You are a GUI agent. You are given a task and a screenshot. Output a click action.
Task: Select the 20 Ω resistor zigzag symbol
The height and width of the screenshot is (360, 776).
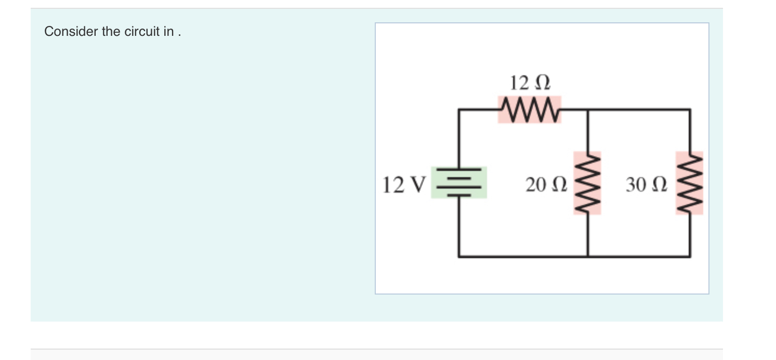click(587, 183)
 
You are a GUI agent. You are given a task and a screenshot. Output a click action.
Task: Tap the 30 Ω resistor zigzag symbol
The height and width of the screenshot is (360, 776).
click(690, 183)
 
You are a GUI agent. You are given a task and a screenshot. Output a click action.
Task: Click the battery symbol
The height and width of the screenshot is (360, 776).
click(458, 182)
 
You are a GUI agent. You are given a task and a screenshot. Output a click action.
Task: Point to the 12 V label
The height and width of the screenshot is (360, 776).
click(404, 184)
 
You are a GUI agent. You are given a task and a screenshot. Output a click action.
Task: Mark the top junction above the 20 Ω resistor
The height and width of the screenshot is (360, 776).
click(587, 110)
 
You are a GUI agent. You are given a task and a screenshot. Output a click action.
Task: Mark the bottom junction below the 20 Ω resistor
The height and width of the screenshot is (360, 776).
click(587, 256)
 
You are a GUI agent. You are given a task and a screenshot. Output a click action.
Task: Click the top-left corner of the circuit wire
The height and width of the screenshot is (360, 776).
click(458, 110)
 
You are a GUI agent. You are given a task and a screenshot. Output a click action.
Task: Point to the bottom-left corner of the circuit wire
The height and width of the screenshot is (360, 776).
click(458, 256)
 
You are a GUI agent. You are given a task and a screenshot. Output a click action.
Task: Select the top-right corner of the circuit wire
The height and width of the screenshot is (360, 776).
click(690, 110)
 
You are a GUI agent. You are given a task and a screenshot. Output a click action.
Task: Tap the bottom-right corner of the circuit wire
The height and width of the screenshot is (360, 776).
click(690, 256)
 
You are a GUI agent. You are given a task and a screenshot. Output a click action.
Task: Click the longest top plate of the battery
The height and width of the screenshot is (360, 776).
click(458, 170)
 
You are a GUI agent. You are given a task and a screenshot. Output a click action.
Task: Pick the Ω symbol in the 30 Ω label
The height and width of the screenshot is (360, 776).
click(656, 184)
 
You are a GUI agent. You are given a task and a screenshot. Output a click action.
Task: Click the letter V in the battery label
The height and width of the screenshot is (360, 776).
click(419, 184)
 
